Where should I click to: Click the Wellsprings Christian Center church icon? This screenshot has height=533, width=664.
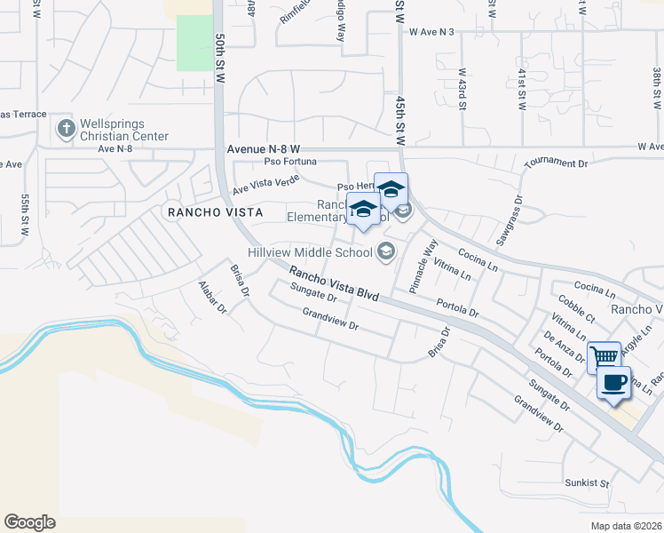tap(65, 130)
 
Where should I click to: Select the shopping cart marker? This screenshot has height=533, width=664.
tap(604, 356)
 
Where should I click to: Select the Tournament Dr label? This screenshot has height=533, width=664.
tap(557, 163)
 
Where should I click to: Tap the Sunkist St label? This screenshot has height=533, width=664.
tap(587, 484)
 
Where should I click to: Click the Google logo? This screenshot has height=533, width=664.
tap(29, 522)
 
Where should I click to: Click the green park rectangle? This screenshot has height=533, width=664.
tap(194, 42)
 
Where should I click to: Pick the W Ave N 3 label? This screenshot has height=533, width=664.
tap(431, 32)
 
